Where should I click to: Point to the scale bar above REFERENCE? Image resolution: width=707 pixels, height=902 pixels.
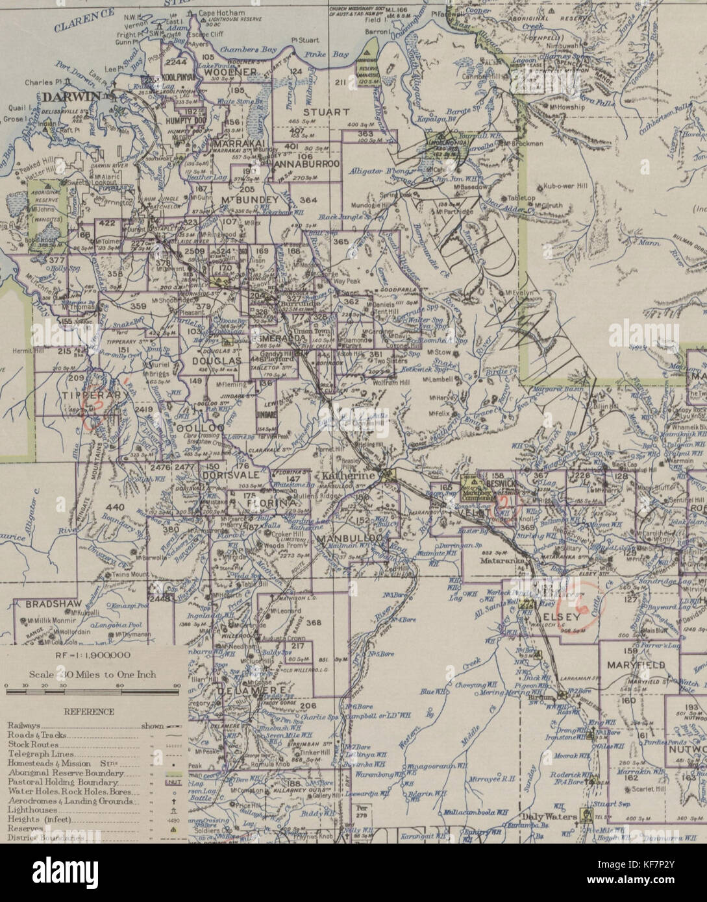(91, 692)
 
